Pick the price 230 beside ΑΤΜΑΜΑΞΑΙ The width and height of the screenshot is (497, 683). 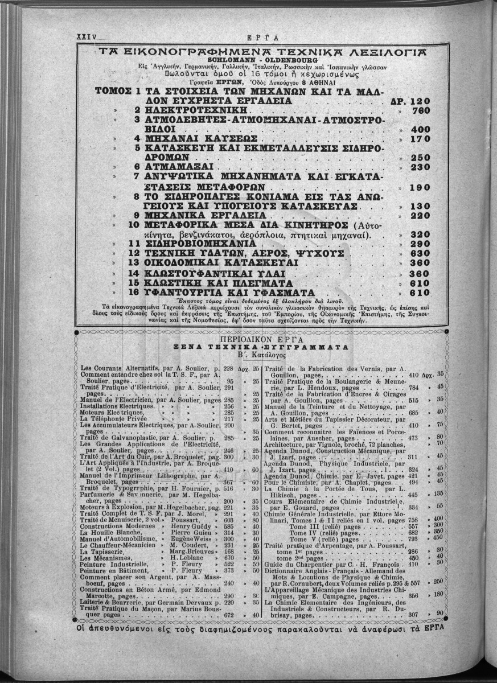419,167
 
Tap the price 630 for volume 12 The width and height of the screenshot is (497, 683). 419,253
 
